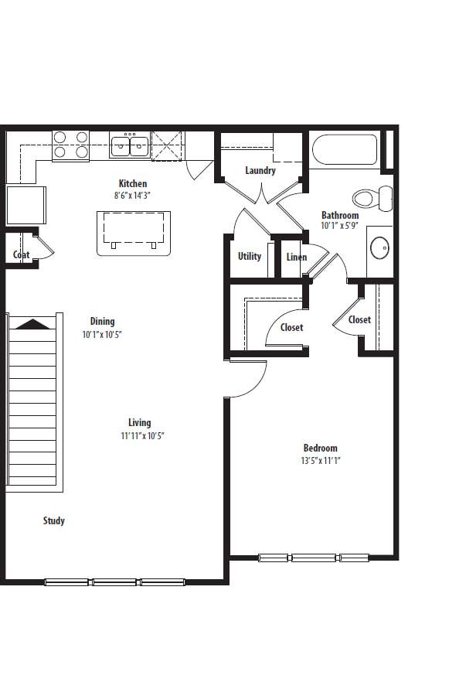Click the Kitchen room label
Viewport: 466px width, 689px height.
point(132,183)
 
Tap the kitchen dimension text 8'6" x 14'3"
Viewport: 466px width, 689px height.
point(132,196)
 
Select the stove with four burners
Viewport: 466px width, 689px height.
point(70,145)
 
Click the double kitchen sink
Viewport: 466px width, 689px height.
point(130,145)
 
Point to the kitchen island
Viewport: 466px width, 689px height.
point(134,231)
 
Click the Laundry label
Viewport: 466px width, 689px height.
point(260,170)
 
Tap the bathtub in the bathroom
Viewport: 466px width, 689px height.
point(344,149)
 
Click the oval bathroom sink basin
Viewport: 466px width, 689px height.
point(379,248)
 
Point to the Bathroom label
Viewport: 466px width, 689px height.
point(340,215)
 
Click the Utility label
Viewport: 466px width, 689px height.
point(249,256)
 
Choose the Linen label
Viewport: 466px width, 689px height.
point(296,257)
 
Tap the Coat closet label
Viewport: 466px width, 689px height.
point(21,254)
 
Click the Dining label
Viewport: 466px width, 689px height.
point(102,321)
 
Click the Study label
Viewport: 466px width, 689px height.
point(54,520)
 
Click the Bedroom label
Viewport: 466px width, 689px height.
point(320,448)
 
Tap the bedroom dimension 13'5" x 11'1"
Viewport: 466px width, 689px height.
point(320,460)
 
